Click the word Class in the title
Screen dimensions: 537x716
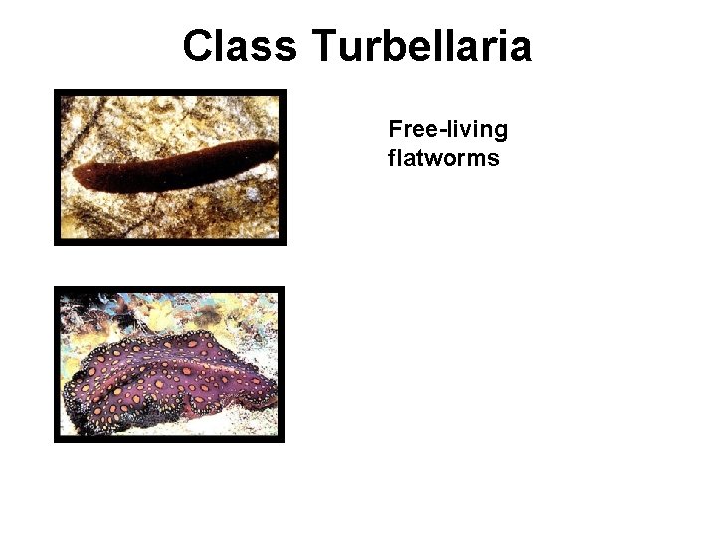pos(240,46)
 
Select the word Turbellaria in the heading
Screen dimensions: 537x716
pos(421,46)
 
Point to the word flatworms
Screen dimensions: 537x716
pos(444,157)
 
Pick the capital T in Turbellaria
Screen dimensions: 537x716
pos(326,46)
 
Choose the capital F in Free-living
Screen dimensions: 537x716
pos(395,130)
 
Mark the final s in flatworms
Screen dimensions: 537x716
pos(493,158)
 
